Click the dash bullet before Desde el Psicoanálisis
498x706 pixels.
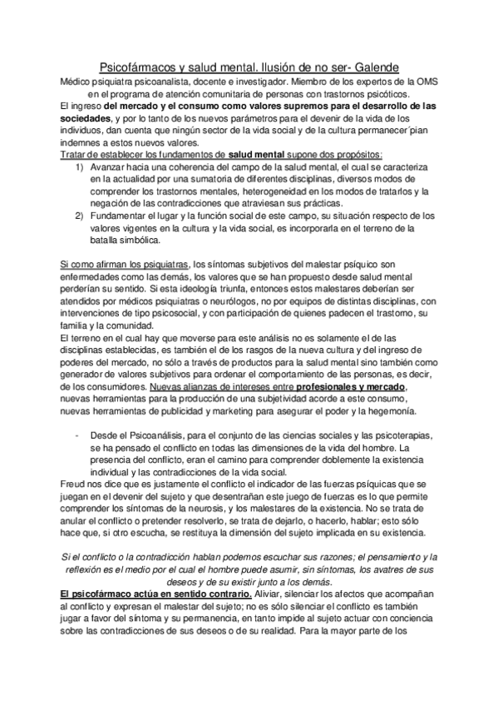point(76,436)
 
